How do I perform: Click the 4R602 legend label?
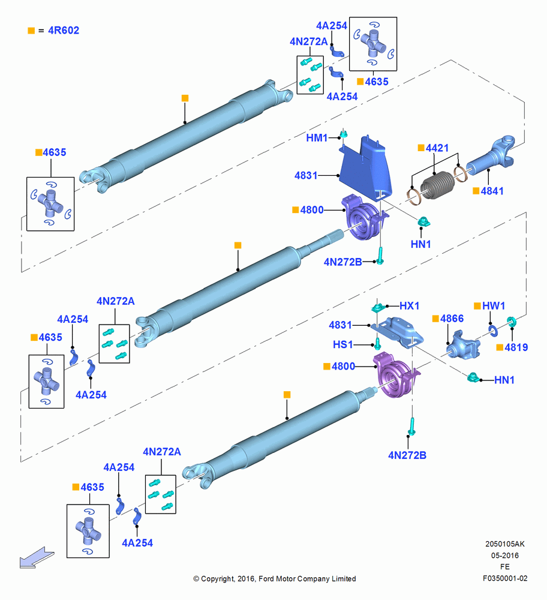click(x=64, y=30)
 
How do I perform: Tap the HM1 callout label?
click(x=317, y=138)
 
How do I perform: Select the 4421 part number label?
click(x=437, y=148)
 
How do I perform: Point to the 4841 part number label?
click(x=492, y=191)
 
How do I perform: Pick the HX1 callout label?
click(x=409, y=306)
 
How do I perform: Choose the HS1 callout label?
click(x=342, y=344)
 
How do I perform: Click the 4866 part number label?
click(x=452, y=319)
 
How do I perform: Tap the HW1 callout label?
click(x=494, y=306)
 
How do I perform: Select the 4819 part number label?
click(x=516, y=347)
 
